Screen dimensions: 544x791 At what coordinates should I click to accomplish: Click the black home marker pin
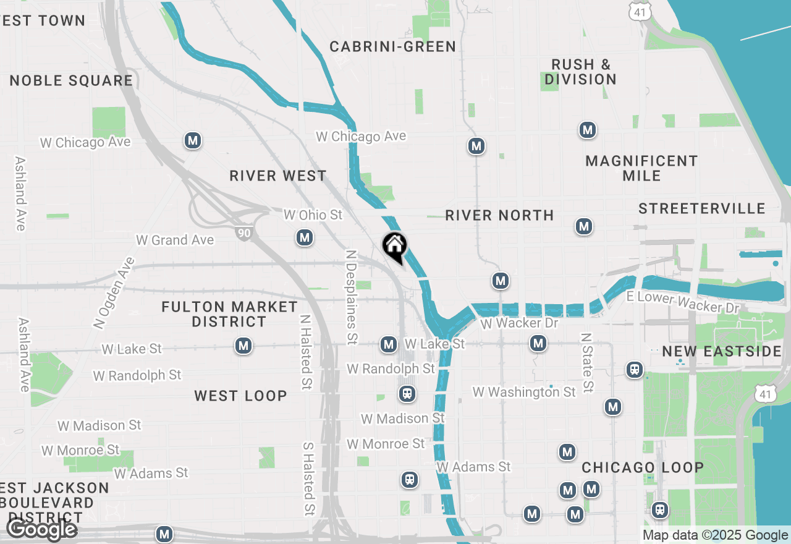pyautogui.click(x=394, y=247)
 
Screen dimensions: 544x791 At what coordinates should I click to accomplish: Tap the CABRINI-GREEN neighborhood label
pyautogui.click(x=392, y=47)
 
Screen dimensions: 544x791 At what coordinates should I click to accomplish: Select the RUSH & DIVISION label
pyautogui.click(x=580, y=72)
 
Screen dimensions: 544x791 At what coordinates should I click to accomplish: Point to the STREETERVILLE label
pyautogui.click(x=701, y=209)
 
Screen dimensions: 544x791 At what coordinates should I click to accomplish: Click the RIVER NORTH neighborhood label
pyautogui.click(x=499, y=215)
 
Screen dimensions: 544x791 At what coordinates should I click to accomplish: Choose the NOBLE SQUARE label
pyautogui.click(x=71, y=81)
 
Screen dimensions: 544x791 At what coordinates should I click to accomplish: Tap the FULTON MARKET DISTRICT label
pyautogui.click(x=229, y=314)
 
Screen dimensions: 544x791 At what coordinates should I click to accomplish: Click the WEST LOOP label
pyautogui.click(x=240, y=396)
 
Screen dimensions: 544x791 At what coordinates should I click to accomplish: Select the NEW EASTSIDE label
pyautogui.click(x=722, y=352)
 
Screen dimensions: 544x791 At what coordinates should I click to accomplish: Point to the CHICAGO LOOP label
pyautogui.click(x=643, y=467)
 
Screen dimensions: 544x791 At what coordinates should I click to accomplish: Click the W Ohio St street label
pyautogui.click(x=313, y=215)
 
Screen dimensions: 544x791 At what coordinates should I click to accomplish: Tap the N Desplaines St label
pyautogui.click(x=352, y=297)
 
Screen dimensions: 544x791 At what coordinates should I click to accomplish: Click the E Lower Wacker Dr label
pyautogui.click(x=683, y=302)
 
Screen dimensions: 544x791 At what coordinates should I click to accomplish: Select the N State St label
pyautogui.click(x=587, y=363)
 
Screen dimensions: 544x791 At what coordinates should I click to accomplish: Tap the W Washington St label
pyautogui.click(x=524, y=392)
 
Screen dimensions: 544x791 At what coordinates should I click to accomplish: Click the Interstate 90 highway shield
pyautogui.click(x=243, y=232)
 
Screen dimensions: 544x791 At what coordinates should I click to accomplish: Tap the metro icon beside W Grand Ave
pyautogui.click(x=303, y=237)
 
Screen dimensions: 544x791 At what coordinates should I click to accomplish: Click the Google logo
pyautogui.click(x=41, y=530)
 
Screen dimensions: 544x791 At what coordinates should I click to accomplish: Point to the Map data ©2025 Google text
pyautogui.click(x=715, y=535)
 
